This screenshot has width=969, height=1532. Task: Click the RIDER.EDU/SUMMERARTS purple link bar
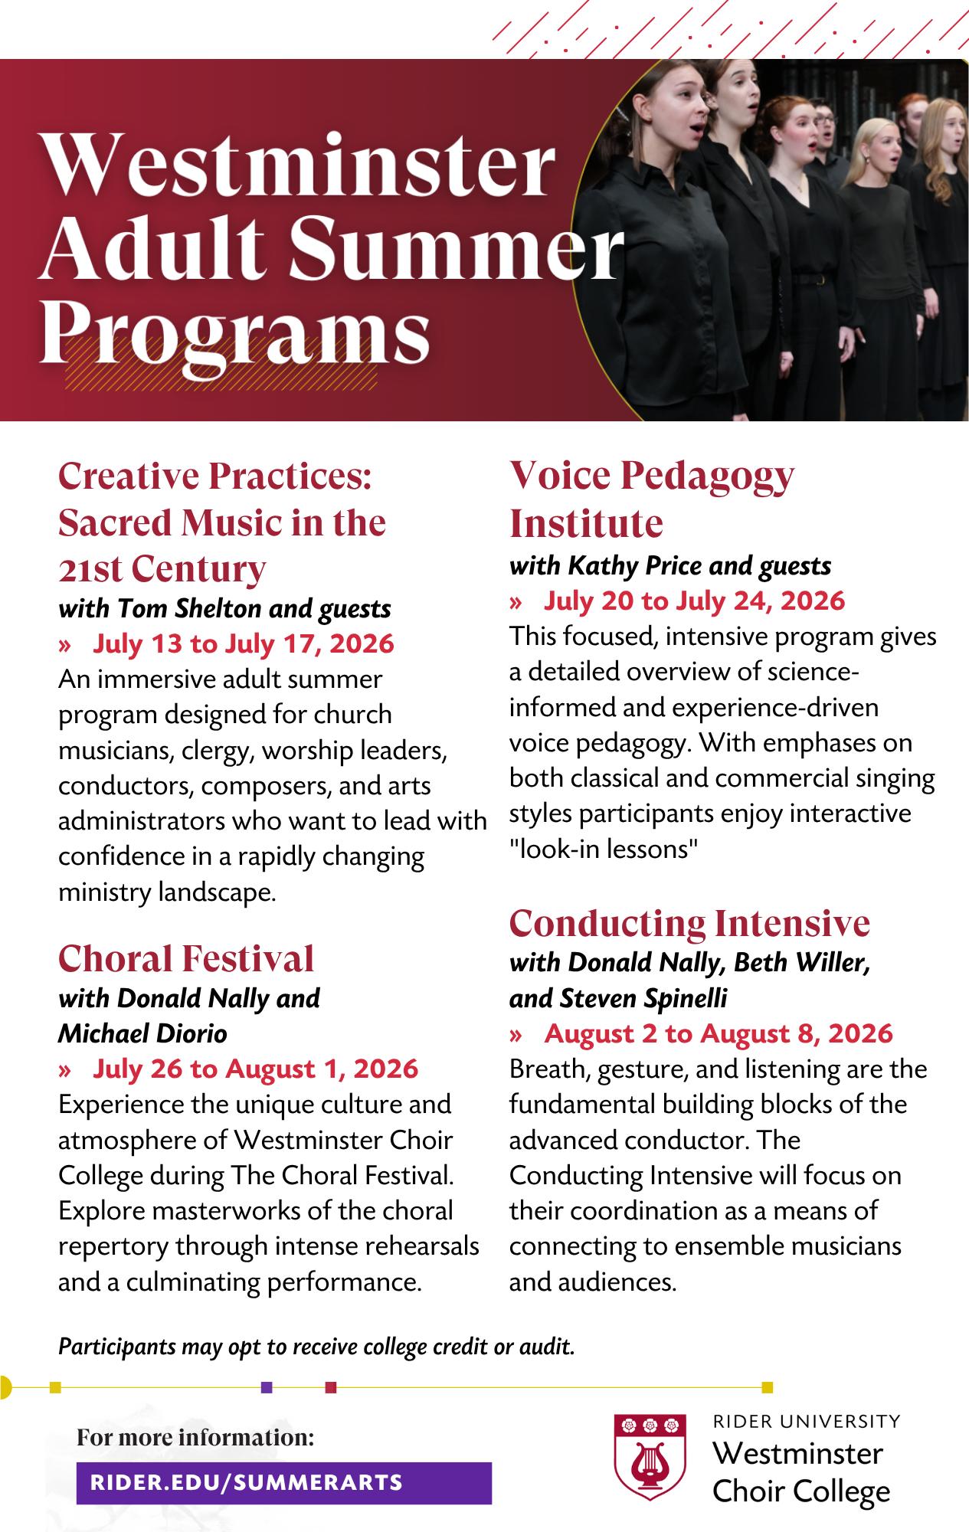(x=283, y=1482)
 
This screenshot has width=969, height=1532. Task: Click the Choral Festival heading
(x=186, y=958)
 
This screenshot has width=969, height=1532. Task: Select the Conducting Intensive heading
(x=689, y=923)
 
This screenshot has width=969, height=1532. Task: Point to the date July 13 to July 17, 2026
(x=243, y=643)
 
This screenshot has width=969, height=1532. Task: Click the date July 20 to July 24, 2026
(x=694, y=601)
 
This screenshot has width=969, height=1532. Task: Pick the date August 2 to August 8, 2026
(x=718, y=1033)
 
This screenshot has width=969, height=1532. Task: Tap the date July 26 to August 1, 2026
(x=255, y=1069)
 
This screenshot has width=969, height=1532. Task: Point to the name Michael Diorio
(x=143, y=1033)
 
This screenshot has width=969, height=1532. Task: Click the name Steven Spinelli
(x=643, y=998)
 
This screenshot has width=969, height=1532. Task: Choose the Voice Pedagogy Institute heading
(x=652, y=499)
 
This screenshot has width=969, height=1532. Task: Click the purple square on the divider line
(x=267, y=1386)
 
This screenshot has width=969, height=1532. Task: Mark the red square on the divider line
(x=331, y=1386)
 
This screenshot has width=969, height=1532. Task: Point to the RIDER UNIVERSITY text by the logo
(x=806, y=1422)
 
